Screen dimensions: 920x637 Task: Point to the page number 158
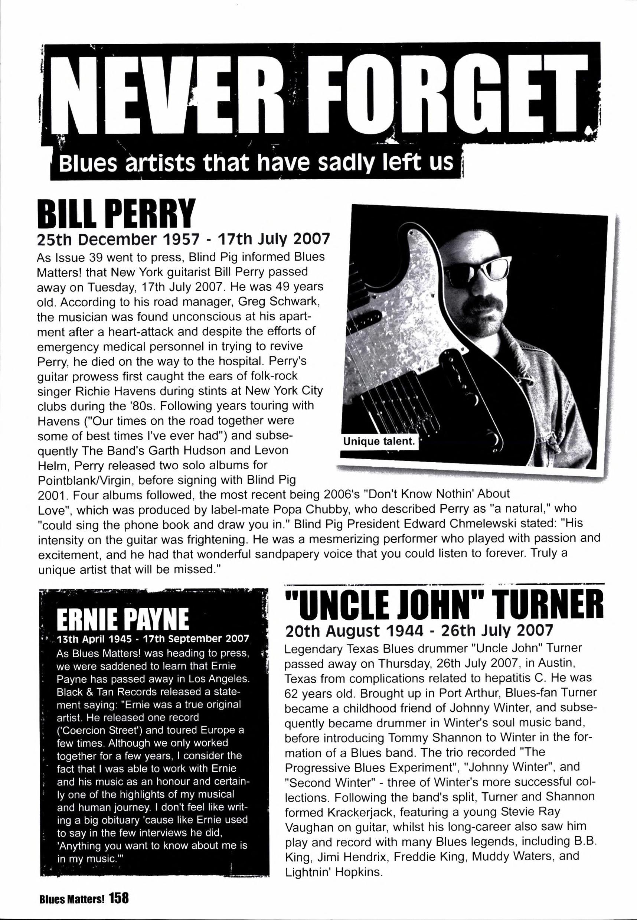[x=119, y=899]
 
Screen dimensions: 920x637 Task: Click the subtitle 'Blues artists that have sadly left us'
[x=256, y=164]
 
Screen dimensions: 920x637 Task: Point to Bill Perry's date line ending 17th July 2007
[x=183, y=239]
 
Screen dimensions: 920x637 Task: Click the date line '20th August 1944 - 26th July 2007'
[x=419, y=631]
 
